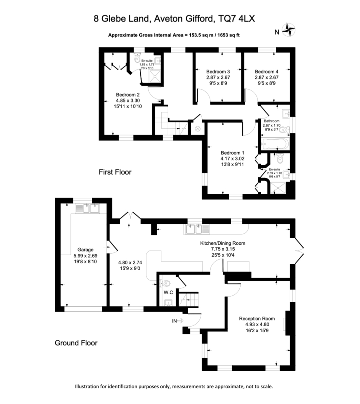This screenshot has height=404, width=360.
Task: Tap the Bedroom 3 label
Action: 218,72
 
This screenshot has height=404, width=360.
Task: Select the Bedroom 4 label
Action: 267,72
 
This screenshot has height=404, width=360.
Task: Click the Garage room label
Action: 85,250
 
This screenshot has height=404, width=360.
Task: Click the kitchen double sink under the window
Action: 198,229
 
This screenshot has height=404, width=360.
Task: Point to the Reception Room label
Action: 257,319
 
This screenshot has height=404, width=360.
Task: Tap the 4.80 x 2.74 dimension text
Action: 130,263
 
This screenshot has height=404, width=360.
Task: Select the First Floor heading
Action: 115,172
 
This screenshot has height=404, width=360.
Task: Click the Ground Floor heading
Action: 76,343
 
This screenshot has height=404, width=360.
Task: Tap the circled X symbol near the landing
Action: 198,128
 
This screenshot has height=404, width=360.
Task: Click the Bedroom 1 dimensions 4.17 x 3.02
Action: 232,159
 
